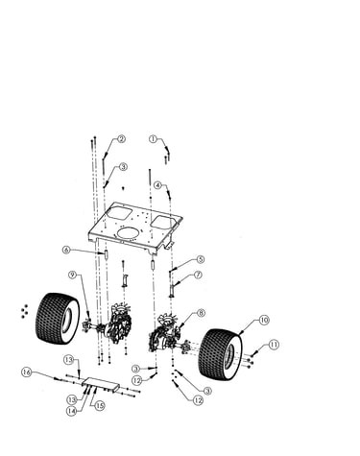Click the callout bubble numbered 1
point(154,139)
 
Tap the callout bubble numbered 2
point(121,139)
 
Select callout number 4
point(158,185)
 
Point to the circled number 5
point(201,259)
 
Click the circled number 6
point(66,250)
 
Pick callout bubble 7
point(199,275)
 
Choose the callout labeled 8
point(201,313)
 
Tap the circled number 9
point(73,275)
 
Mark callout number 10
point(264,320)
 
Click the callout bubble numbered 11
point(274,345)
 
